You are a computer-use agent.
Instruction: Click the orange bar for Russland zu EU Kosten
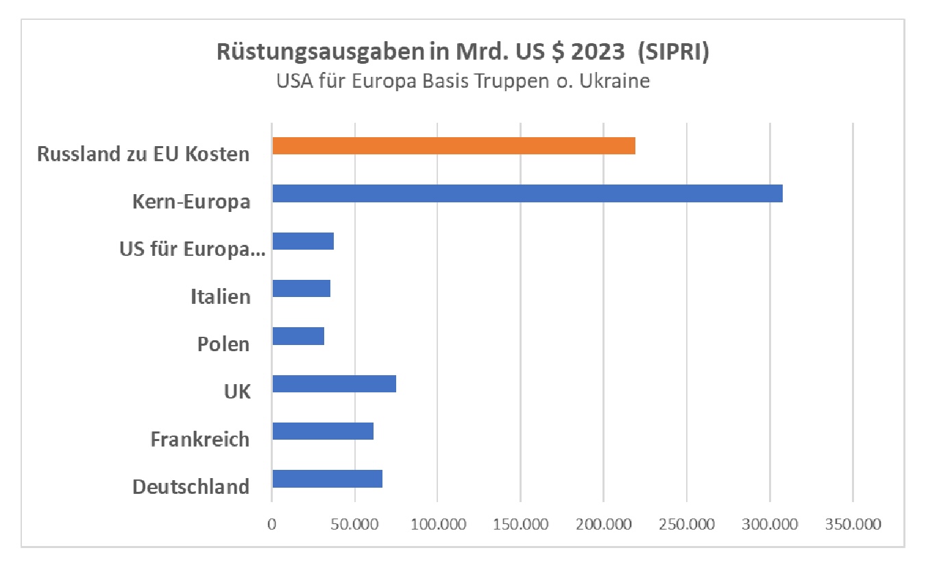point(453,146)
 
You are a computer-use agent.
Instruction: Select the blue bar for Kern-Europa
point(526,193)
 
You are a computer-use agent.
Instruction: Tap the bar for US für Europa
point(302,241)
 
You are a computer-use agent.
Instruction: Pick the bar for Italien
point(301,288)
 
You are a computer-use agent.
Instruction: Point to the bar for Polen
point(297,336)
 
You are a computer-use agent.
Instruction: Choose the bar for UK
point(334,383)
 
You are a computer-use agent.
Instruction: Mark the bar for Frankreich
point(322,431)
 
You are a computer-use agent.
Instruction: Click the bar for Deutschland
point(327,478)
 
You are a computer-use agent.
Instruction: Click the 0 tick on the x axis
point(272,525)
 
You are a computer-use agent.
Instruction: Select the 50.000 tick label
point(355,525)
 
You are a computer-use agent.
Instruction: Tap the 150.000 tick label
point(521,525)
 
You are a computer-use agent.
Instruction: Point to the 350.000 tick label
point(853,525)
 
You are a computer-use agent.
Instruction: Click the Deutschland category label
point(191,487)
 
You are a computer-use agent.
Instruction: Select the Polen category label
point(223,344)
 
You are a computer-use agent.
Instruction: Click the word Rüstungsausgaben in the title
point(291,54)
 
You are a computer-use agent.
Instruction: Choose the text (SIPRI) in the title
point(671,54)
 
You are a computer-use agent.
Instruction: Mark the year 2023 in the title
point(597,54)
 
